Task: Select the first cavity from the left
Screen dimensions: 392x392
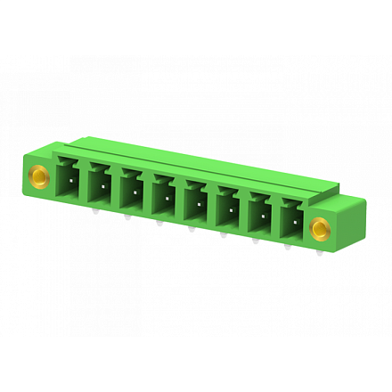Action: [x=69, y=177]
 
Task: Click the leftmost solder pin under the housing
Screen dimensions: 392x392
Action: [x=94, y=212]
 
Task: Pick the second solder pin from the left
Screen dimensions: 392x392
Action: [x=127, y=219]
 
